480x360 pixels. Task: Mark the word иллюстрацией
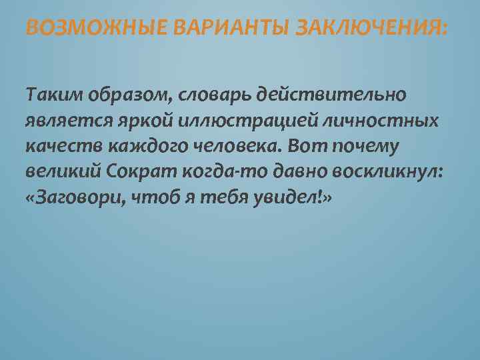click(240, 121)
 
